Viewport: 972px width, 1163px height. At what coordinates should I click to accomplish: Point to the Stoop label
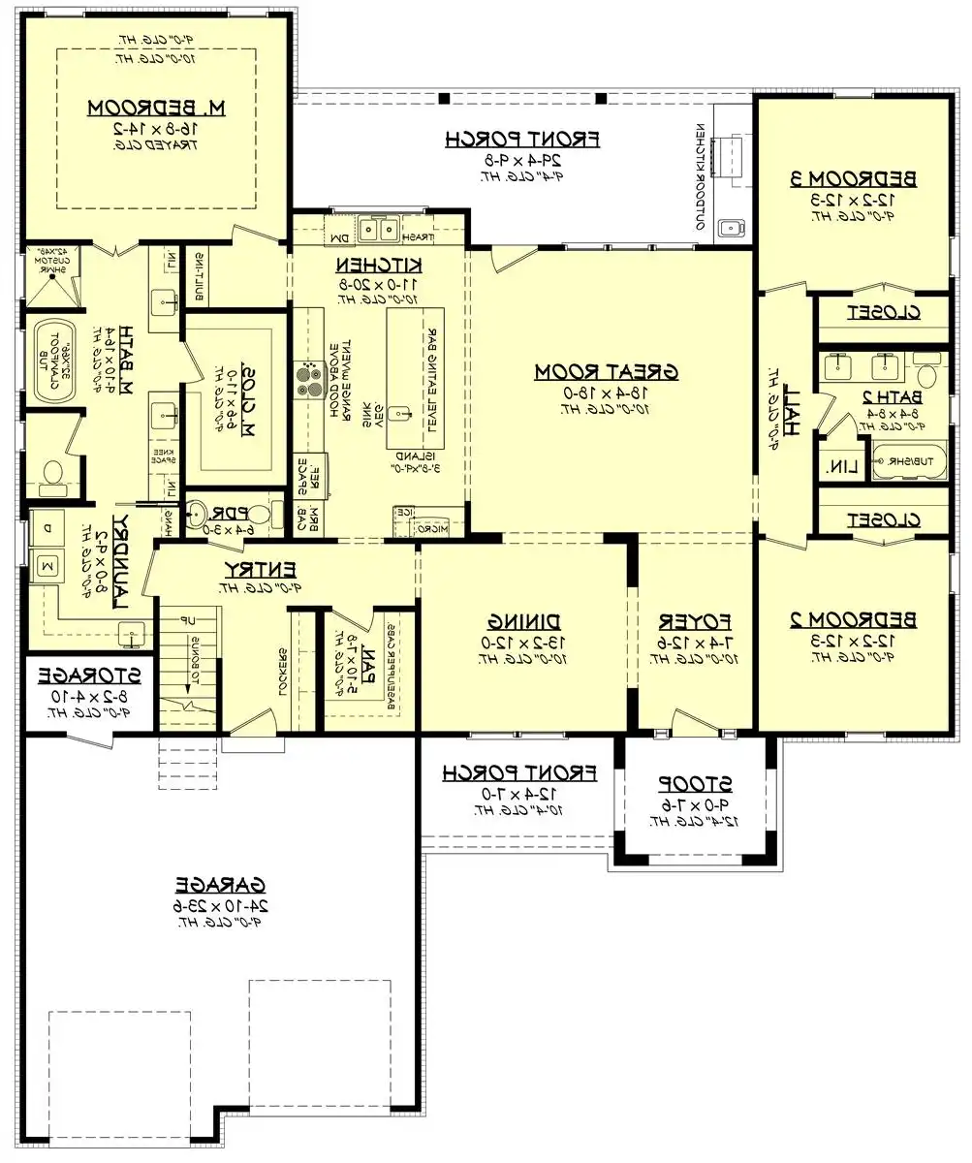(693, 782)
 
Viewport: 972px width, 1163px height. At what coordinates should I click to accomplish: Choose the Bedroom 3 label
(851, 178)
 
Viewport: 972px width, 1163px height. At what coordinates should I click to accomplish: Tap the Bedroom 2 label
(851, 619)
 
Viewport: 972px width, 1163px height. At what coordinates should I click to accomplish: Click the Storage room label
(88, 676)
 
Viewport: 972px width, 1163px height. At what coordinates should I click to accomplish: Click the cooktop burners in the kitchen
(309, 379)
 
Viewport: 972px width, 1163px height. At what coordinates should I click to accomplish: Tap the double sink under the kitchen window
(379, 230)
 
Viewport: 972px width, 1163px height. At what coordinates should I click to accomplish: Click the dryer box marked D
(47, 530)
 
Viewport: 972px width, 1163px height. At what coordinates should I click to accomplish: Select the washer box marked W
(47, 564)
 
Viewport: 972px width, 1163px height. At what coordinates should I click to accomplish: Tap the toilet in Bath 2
(926, 376)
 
